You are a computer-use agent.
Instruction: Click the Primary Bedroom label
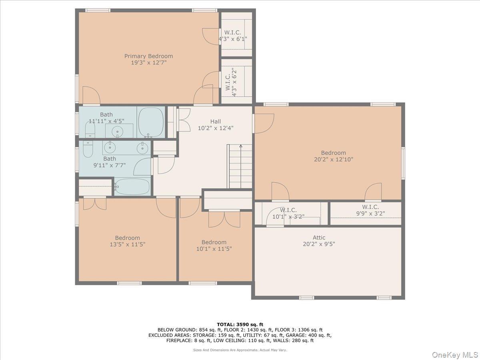[x=148, y=56]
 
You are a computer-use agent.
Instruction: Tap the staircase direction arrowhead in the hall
[x=241, y=146]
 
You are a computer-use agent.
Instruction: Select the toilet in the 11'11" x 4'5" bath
[x=90, y=130]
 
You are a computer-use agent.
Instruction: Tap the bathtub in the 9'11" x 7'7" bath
[x=132, y=186]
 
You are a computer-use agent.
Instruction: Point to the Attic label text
[x=319, y=238]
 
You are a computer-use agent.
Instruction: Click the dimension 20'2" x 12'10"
[x=333, y=159]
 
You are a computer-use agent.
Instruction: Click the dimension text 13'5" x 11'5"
[x=128, y=244]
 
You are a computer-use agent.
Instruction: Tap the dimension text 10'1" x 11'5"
[x=214, y=248]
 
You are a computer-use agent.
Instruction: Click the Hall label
[x=215, y=122]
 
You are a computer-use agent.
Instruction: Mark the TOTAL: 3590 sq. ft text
[x=240, y=324]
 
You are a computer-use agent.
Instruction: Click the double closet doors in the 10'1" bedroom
[x=224, y=219]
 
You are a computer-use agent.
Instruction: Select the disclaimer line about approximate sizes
[x=240, y=350]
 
